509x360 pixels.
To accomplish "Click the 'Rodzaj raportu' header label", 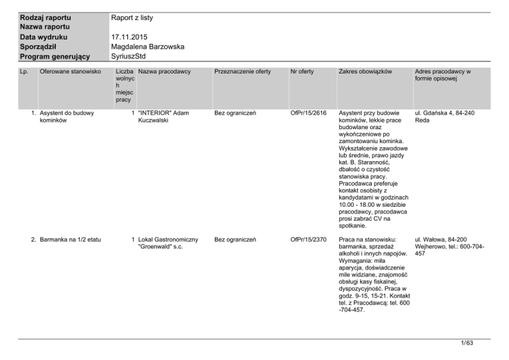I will click(x=46, y=17).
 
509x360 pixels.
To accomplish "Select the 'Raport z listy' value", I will click(x=137, y=17).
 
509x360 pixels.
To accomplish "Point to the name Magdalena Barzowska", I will click(x=147, y=47).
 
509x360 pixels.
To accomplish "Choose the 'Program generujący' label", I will click(x=55, y=58).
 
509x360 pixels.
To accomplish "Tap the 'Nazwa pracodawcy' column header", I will click(x=165, y=71).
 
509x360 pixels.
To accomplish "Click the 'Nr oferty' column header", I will click(x=304, y=71).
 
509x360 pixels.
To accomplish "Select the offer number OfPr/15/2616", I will click(x=309, y=113).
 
